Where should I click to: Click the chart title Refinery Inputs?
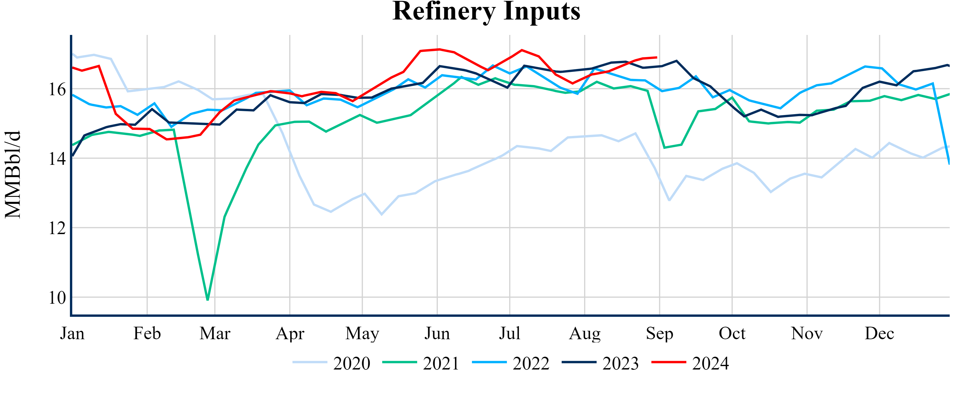(486, 11)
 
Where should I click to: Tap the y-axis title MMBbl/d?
(13, 174)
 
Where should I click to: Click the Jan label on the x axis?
(72, 333)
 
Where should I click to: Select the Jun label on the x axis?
(437, 333)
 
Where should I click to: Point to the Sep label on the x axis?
(660, 333)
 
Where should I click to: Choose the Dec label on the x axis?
(879, 333)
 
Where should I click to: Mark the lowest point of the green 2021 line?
(208, 300)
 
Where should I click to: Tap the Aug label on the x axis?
(585, 333)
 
